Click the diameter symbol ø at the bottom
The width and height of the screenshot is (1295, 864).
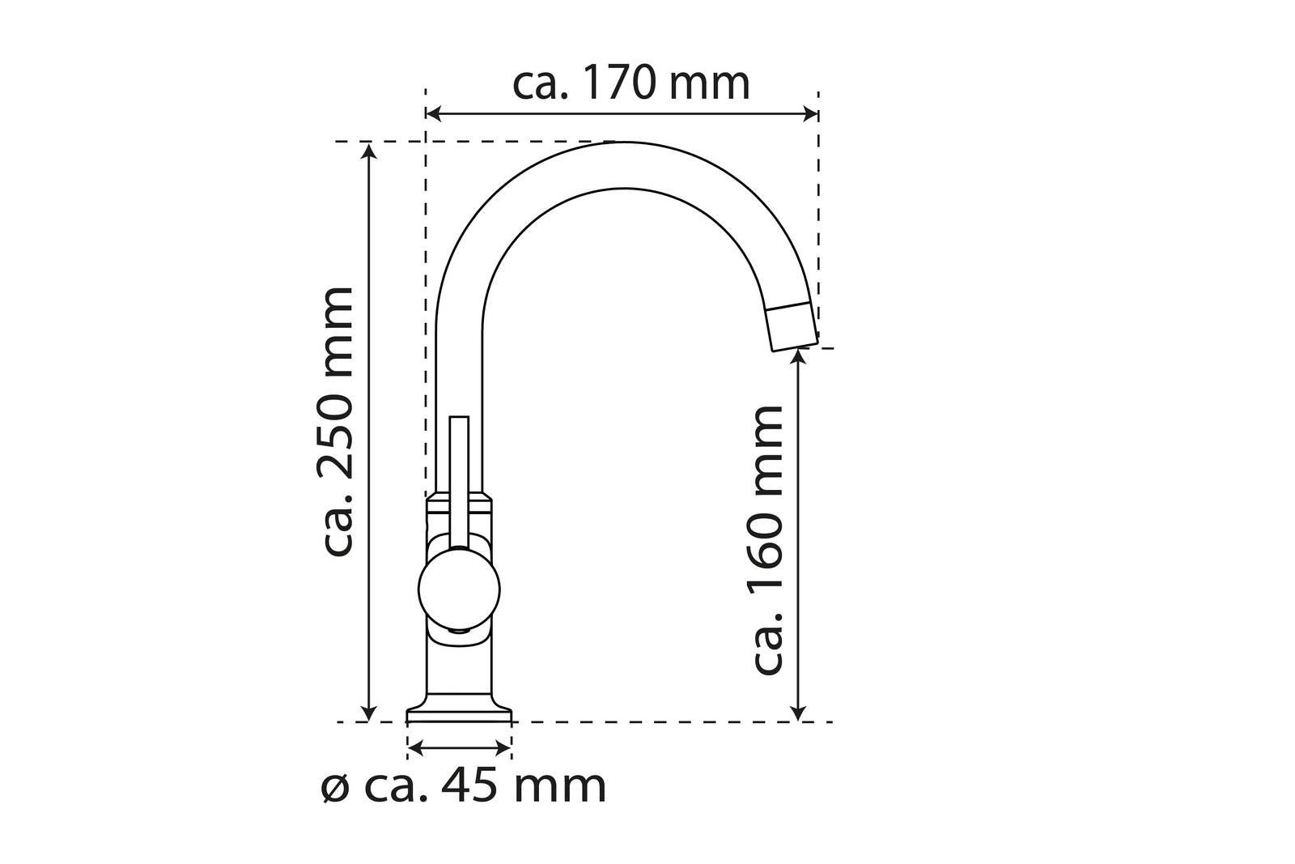(x=334, y=787)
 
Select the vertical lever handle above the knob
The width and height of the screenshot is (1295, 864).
(x=459, y=478)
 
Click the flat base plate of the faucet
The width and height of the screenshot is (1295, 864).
(x=459, y=713)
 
